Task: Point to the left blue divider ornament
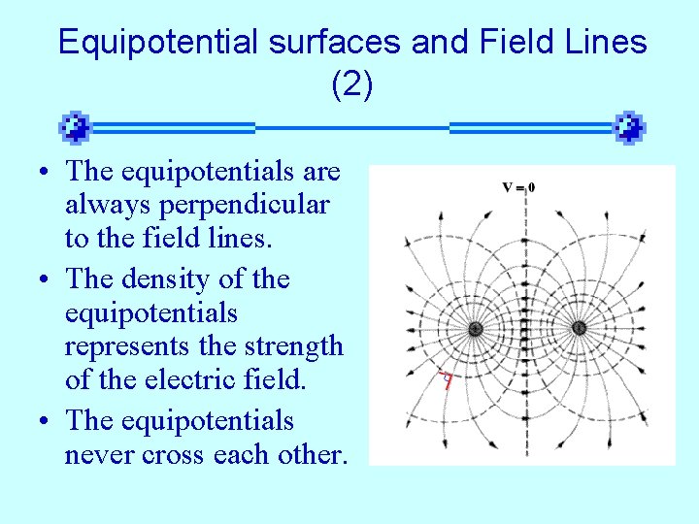[75, 127]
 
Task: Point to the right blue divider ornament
[630, 127]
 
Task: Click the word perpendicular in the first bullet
[197, 207]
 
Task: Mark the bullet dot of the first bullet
[46, 173]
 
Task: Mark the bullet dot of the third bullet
[46, 421]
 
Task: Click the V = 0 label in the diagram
[518, 186]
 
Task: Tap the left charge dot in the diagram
[476, 329]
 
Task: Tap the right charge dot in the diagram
[579, 328]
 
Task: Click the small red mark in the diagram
[447, 380]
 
